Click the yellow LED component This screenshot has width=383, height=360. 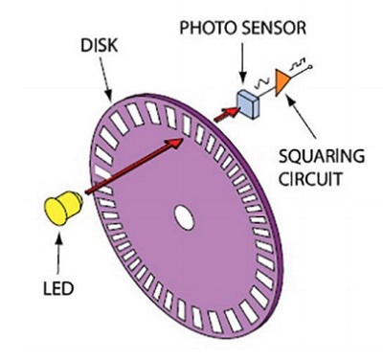[x=63, y=208]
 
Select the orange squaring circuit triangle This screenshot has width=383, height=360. [x=282, y=82]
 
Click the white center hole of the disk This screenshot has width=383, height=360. [x=184, y=217]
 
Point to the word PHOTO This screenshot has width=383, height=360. [x=208, y=28]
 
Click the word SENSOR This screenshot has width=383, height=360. [x=274, y=28]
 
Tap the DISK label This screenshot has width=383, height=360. [x=99, y=45]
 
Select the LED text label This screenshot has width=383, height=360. [x=58, y=288]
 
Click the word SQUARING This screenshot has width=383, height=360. [x=322, y=157]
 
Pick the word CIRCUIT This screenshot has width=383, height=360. [x=310, y=179]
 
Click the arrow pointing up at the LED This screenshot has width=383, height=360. [x=58, y=253]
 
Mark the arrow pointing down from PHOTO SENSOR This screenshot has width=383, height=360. [x=242, y=62]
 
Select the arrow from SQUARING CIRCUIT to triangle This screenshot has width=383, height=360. [x=302, y=115]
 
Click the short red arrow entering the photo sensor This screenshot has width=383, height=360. [x=226, y=114]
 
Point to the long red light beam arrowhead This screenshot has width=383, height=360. [x=175, y=144]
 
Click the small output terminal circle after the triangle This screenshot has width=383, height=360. [x=309, y=66]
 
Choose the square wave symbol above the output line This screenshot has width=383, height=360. [x=297, y=64]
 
